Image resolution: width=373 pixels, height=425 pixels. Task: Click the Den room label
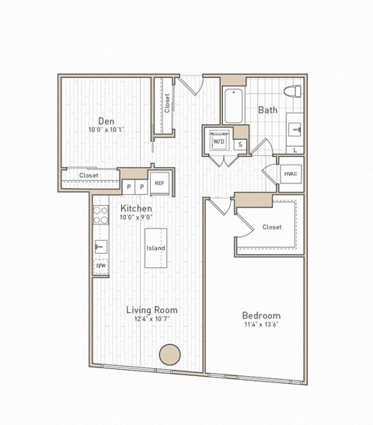pyautogui.click(x=106, y=120)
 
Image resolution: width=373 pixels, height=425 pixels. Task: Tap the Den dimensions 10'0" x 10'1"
pyautogui.click(x=106, y=131)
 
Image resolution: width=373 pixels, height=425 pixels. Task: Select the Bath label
pyautogui.click(x=268, y=110)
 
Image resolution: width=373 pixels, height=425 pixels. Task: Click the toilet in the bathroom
pyautogui.click(x=293, y=92)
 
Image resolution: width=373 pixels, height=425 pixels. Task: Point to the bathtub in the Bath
pyautogui.click(x=234, y=106)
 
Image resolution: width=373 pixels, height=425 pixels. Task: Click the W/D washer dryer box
pyautogui.click(x=218, y=141)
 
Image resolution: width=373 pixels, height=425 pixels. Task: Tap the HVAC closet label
pyautogui.click(x=291, y=174)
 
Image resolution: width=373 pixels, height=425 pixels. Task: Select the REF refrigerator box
pyautogui.click(x=159, y=183)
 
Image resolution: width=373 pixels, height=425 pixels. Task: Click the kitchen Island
pyautogui.click(x=155, y=249)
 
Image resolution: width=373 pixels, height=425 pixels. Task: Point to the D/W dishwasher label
pyautogui.click(x=100, y=266)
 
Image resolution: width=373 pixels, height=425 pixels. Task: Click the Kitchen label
pyautogui.click(x=136, y=209)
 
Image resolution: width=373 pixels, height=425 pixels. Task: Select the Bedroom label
pyautogui.click(x=261, y=315)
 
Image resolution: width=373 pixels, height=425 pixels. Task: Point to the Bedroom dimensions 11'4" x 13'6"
pyautogui.click(x=261, y=326)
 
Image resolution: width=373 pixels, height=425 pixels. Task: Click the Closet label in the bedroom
pyautogui.click(x=272, y=227)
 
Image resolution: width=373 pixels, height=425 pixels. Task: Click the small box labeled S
pyautogui.click(x=239, y=145)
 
